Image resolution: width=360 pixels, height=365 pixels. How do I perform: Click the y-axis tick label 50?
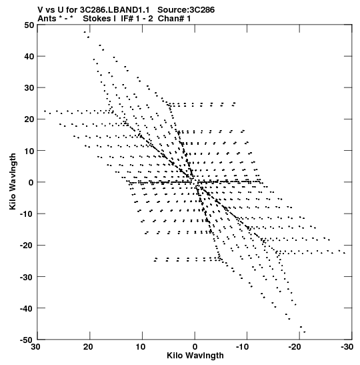(x=29, y=25)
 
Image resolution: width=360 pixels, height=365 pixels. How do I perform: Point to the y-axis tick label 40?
(x=29, y=56)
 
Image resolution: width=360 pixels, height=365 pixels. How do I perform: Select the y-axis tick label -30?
(x=27, y=277)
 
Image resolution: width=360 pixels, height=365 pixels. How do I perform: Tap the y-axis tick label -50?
(x=27, y=340)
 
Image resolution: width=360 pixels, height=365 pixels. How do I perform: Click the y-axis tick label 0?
(x=31, y=183)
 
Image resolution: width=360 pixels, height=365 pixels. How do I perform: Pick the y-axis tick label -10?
(x=27, y=214)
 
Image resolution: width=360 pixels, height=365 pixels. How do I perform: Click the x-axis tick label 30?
(x=36, y=347)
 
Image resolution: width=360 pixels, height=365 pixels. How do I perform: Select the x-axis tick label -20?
(x=295, y=347)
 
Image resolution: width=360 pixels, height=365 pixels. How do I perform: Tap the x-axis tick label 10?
(x=141, y=347)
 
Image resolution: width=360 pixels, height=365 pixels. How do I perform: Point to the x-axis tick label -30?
(x=347, y=347)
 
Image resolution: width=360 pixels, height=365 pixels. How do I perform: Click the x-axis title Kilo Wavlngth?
(x=195, y=356)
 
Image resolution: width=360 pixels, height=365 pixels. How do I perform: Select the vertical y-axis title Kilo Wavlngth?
(x=13, y=181)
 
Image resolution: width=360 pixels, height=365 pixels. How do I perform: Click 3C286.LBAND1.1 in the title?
(x=115, y=10)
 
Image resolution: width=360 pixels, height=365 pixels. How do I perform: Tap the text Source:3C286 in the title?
(x=186, y=10)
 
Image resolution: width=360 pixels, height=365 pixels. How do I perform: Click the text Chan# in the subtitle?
(x=171, y=19)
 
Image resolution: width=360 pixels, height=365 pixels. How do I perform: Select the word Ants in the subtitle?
(x=47, y=19)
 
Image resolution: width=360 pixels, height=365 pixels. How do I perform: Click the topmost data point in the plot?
(x=85, y=32)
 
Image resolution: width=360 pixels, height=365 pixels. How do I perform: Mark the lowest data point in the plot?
(x=305, y=332)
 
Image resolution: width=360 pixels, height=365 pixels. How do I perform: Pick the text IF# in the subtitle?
(x=127, y=19)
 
